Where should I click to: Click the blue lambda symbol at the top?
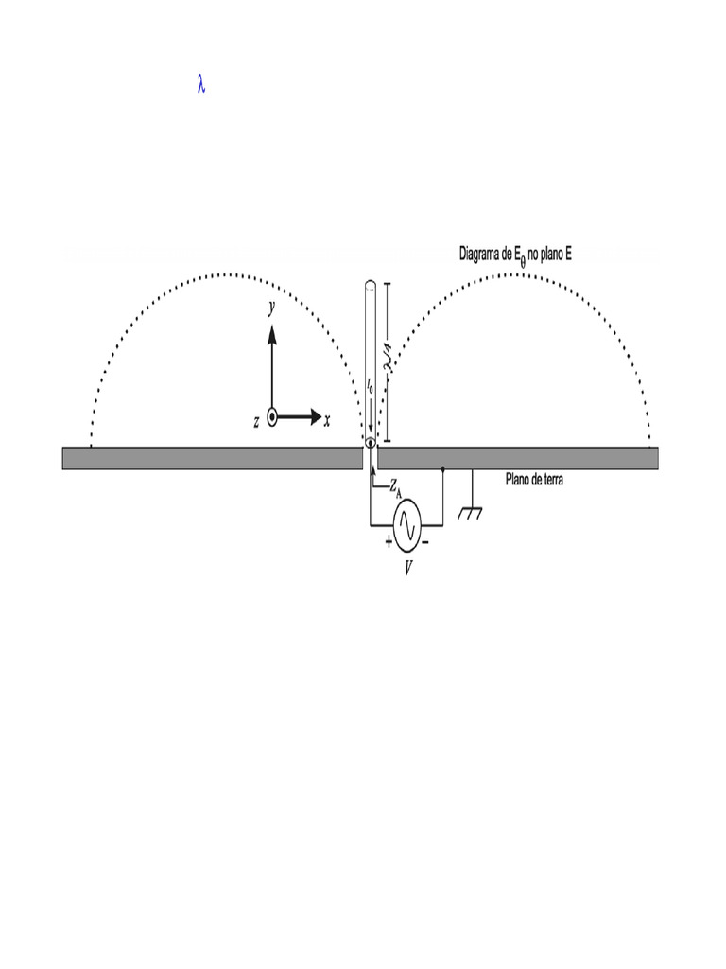tap(201, 85)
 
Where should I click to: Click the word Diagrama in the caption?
tap(484, 254)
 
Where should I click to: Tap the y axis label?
tap(271, 308)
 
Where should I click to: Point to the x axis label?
tap(327, 421)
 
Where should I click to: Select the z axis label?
tap(256, 422)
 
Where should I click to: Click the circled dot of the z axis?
tap(272, 416)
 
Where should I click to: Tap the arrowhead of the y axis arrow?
tap(271, 332)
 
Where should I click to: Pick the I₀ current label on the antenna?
tap(370, 386)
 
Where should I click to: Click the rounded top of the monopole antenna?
tap(370, 284)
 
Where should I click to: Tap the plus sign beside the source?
tap(389, 542)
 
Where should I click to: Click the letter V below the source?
tap(409, 570)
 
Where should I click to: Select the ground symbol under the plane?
tap(470, 514)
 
